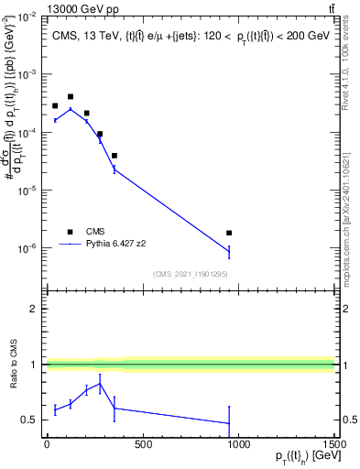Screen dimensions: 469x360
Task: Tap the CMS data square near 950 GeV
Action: pos(229,234)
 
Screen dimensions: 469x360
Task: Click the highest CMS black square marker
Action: pos(71,96)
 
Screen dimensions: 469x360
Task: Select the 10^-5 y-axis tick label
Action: pos(27,191)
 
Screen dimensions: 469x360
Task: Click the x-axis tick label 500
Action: pos(142,445)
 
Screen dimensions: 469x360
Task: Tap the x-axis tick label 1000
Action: pos(238,445)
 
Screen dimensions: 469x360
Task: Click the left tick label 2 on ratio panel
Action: pos(35,310)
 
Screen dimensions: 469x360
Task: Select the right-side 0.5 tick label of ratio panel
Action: pos(348,420)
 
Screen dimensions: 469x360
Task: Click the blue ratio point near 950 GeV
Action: pos(229,423)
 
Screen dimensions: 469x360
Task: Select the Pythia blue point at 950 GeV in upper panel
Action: pos(229,251)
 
